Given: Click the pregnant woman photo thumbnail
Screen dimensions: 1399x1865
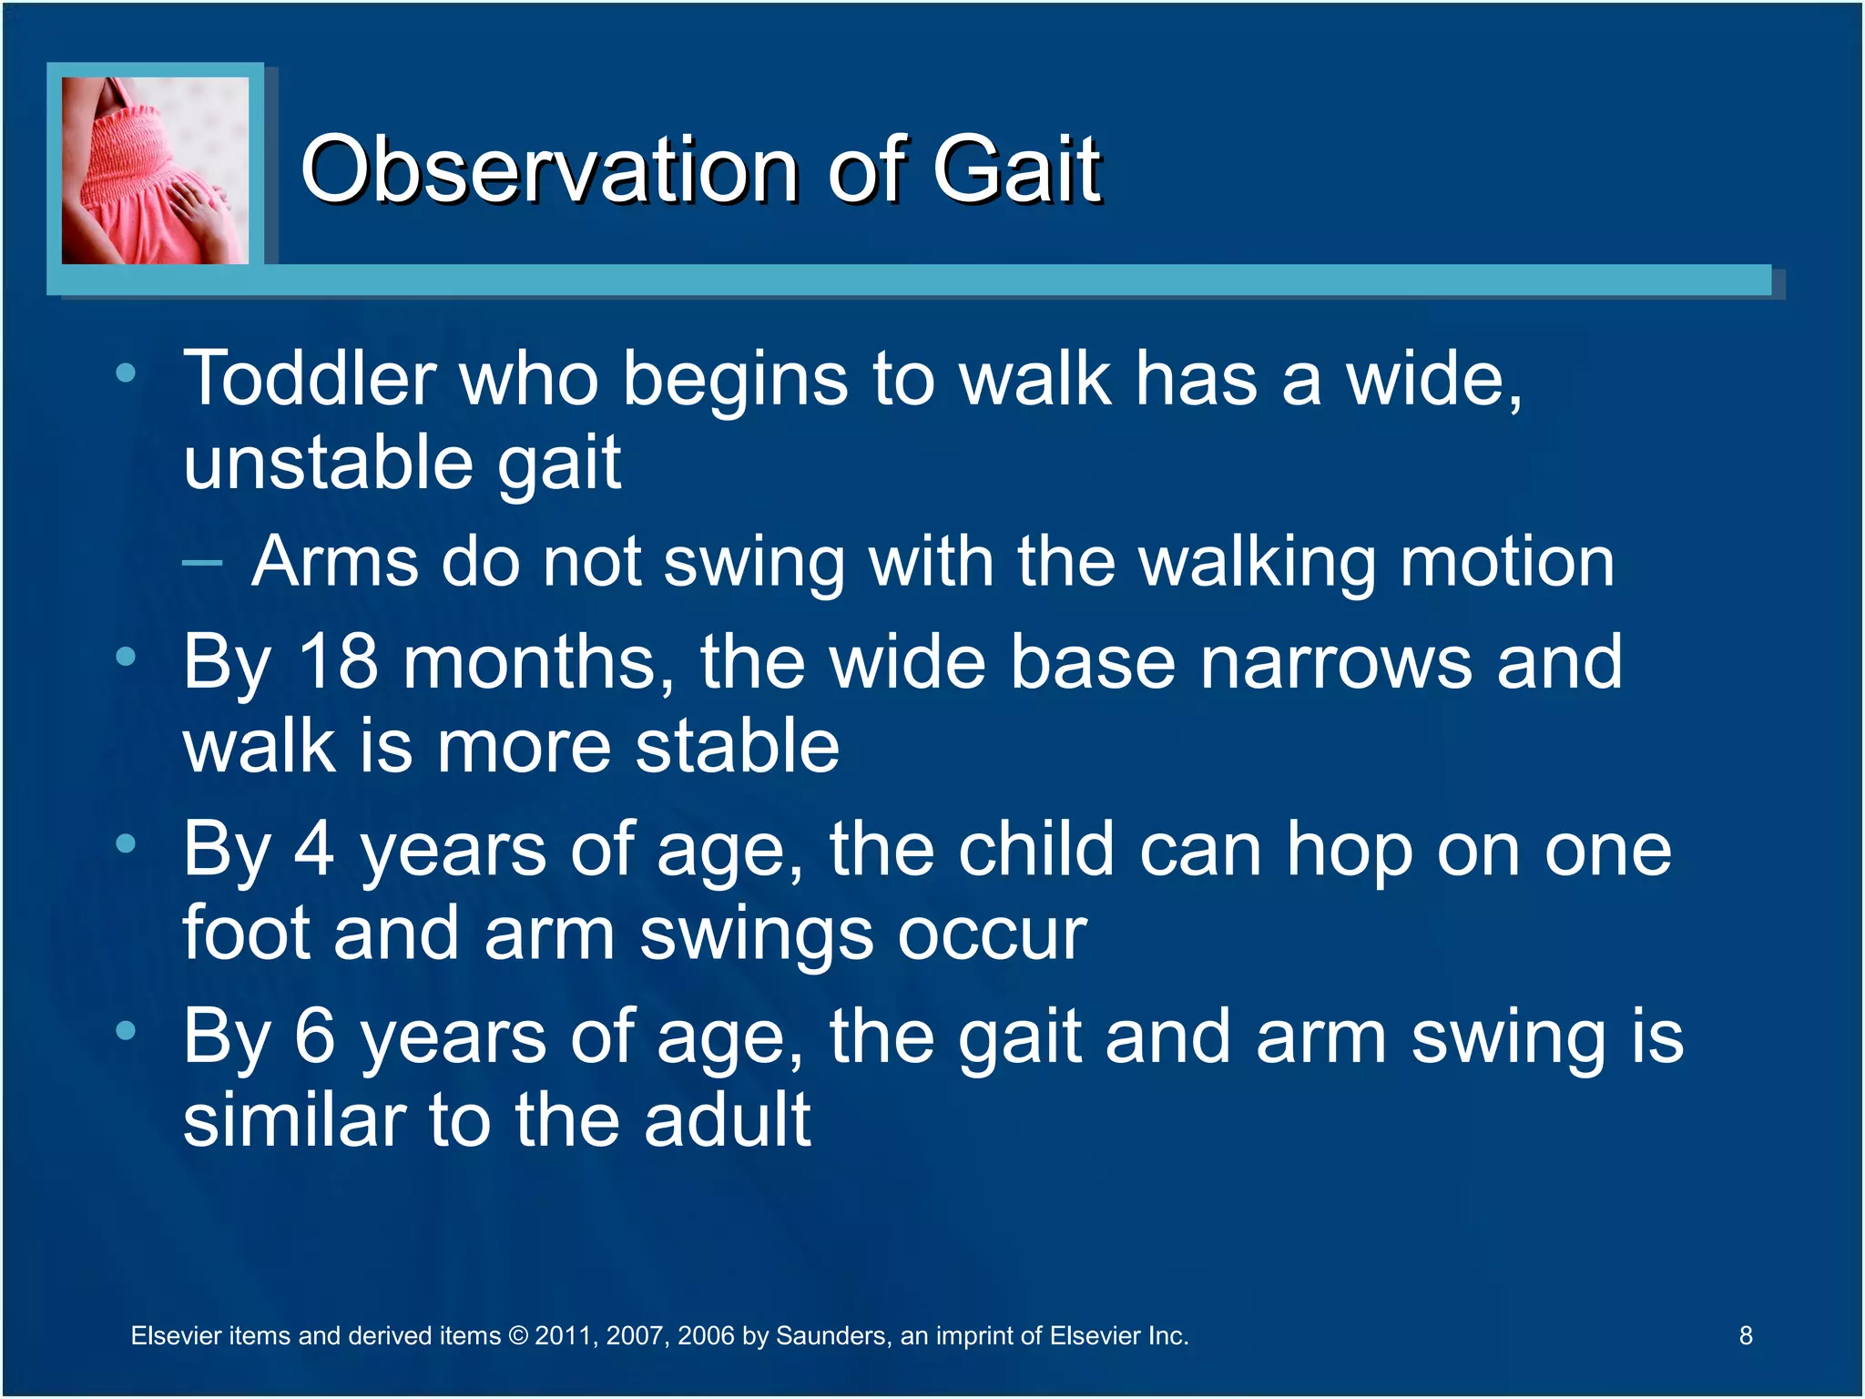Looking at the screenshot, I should pos(155,170).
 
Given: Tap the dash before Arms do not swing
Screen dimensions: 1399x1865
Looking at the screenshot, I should pos(201,563).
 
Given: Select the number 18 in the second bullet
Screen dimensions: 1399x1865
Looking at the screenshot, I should pos(337,662).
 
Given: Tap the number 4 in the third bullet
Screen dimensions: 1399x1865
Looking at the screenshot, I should pos(314,850).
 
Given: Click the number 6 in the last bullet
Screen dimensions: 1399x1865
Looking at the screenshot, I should pos(315,1037).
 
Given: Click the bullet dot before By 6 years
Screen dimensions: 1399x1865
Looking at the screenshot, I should pos(126,1030).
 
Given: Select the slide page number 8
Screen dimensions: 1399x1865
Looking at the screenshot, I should pos(1746,1336).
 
